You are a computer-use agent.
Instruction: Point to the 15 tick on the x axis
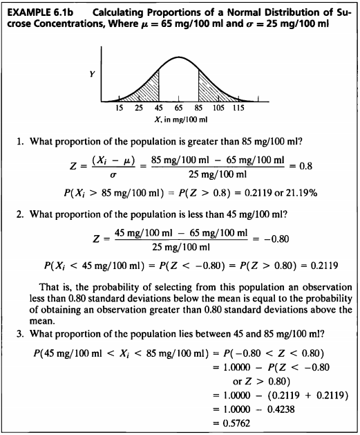[x=119, y=109]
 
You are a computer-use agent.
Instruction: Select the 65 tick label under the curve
[x=178, y=109]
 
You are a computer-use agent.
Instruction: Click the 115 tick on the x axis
[x=238, y=109]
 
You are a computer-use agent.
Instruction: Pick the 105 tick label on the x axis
[x=218, y=109]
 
